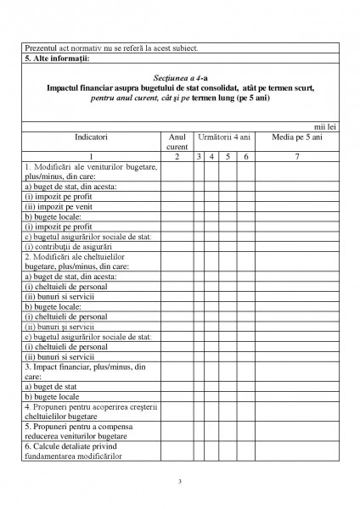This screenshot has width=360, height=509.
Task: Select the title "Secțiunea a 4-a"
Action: (179, 78)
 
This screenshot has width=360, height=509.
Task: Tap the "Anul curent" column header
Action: (177, 141)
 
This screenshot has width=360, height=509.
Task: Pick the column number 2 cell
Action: (177, 157)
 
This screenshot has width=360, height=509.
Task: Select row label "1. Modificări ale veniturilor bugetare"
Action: (91, 171)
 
